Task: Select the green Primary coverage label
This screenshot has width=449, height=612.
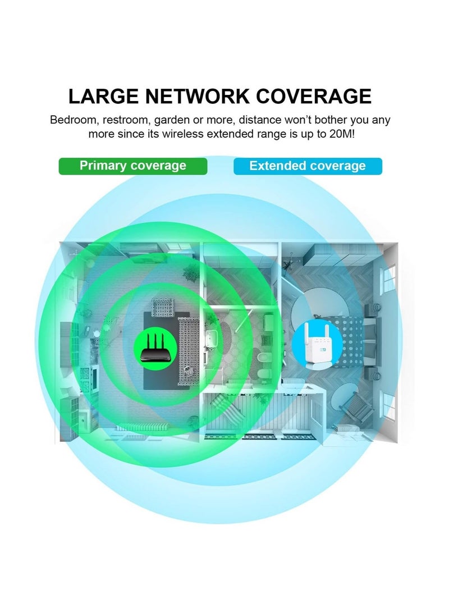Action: [x=133, y=166]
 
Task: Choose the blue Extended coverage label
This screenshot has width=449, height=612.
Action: [x=308, y=166]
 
